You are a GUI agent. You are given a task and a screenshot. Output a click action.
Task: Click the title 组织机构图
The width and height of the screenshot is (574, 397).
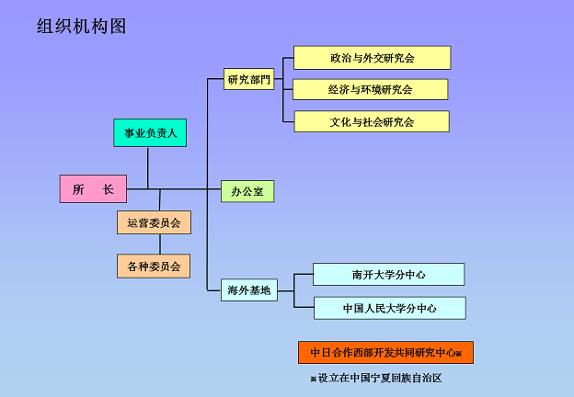[81, 27]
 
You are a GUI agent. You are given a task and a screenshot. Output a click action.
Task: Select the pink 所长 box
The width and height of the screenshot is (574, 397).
[93, 188]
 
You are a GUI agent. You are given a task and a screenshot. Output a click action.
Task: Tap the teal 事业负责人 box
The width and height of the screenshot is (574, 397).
[150, 132]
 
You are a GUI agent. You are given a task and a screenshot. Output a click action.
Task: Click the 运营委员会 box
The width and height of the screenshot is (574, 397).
[154, 222]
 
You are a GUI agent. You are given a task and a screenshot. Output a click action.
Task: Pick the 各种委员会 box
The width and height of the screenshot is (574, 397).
[154, 267]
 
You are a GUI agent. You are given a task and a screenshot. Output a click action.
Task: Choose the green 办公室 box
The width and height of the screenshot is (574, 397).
[247, 191]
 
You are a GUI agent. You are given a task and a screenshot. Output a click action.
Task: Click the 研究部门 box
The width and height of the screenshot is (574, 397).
[249, 79]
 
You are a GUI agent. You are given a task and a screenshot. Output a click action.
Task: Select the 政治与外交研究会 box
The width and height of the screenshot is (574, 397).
[373, 58]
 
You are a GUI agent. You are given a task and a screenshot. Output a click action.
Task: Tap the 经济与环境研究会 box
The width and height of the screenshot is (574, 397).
[371, 89]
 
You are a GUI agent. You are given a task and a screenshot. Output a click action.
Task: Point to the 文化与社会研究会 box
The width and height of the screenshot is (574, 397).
[372, 121]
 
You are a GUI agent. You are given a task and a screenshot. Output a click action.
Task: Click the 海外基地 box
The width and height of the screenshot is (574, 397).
[249, 290]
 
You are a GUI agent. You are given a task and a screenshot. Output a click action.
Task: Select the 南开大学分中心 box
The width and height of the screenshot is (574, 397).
[389, 274]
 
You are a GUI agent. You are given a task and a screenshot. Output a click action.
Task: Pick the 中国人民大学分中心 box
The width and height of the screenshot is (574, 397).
[390, 308]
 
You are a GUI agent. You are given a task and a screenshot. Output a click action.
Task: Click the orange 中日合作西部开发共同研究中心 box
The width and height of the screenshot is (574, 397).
[385, 352]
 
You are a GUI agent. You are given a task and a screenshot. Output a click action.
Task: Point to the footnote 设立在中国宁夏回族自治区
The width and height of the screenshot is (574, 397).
[380, 378]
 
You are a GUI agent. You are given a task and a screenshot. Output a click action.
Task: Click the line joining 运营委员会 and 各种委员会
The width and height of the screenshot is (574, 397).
[160, 244]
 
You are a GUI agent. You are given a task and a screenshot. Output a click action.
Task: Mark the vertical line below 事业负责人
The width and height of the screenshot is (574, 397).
[148, 168]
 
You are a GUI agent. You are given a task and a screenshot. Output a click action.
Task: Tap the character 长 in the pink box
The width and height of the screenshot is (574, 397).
[108, 189]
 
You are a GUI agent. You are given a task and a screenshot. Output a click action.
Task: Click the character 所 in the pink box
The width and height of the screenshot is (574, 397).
[78, 189]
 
